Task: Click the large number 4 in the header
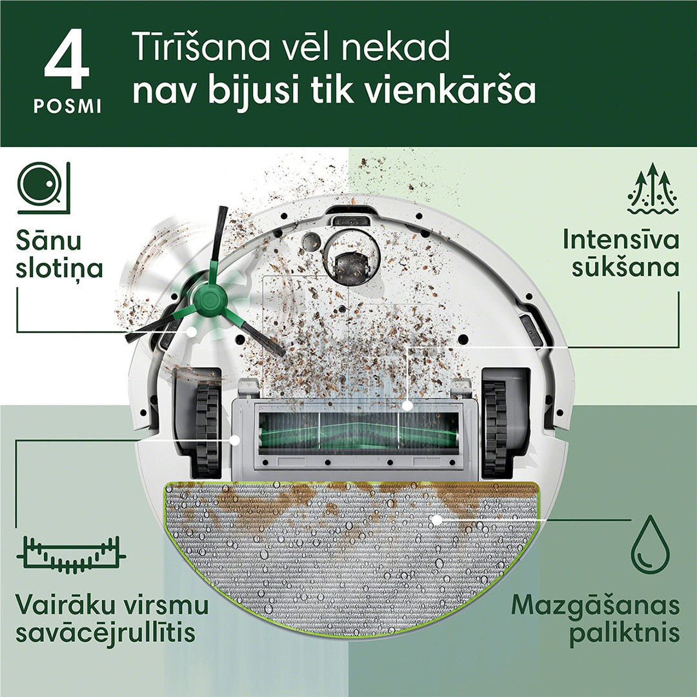pyautogui.click(x=66, y=64)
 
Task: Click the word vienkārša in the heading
pyautogui.click(x=451, y=92)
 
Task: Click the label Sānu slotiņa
pyautogui.click(x=59, y=255)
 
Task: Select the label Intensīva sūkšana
pyautogui.click(x=621, y=253)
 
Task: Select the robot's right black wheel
pyautogui.click(x=498, y=427)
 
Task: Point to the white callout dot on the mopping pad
pyautogui.click(x=436, y=519)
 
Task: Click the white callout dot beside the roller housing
pyautogui.click(x=236, y=439)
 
